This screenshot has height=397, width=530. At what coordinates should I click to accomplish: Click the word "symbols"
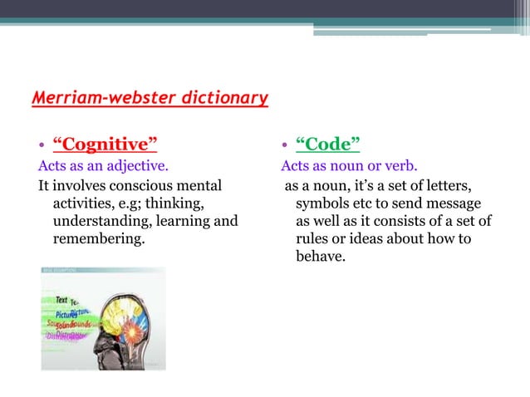coord(324,203)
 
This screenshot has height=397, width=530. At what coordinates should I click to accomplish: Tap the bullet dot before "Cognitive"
coord(42,145)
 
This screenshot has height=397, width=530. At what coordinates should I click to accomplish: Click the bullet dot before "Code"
coord(285,145)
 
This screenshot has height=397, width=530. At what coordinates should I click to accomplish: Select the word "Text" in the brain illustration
coord(61,300)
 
